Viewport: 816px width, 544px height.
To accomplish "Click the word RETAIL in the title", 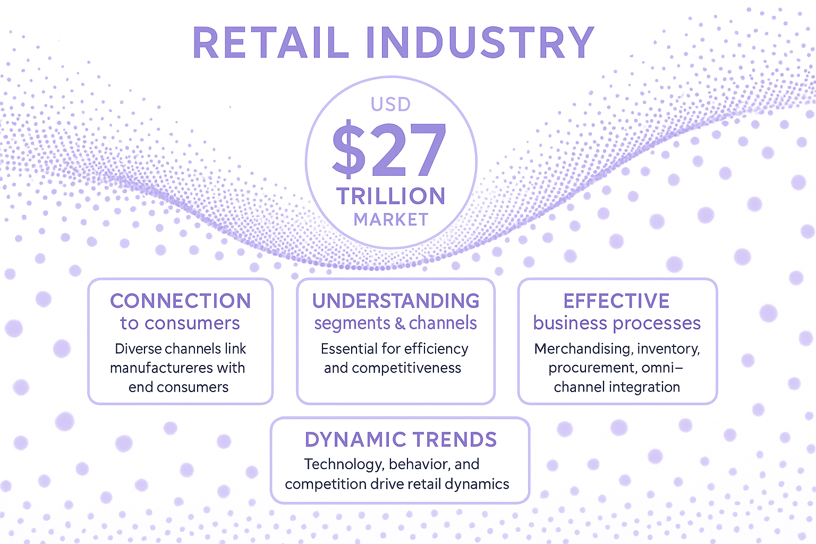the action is [x=270, y=42].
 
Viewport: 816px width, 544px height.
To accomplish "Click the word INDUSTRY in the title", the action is [x=480, y=42].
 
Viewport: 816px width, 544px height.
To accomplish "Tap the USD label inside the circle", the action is [x=391, y=105].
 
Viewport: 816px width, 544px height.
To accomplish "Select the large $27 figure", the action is [x=389, y=149].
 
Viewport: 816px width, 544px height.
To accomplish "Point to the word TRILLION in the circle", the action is [x=391, y=196].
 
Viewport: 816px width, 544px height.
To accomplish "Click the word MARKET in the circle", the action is [x=391, y=220].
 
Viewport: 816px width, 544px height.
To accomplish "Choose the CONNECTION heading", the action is [x=181, y=301].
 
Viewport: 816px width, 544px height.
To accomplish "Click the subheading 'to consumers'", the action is [x=180, y=323].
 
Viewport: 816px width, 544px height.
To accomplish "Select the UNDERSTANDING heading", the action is [x=396, y=301].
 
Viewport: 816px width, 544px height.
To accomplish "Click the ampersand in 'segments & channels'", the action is [x=399, y=324].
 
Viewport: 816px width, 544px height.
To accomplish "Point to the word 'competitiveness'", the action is [x=406, y=368].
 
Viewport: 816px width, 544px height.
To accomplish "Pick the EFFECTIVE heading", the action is [x=616, y=301].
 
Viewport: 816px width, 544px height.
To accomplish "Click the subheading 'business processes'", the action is [x=617, y=324].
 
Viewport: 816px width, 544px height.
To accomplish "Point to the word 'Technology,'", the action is [x=344, y=464].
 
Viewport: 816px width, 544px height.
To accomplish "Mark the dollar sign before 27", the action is [x=348, y=149].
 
